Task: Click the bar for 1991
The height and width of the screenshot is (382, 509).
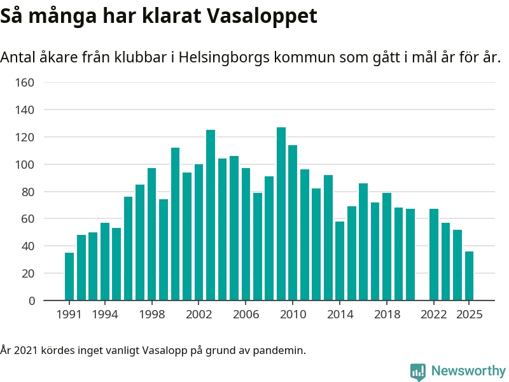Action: coord(69,276)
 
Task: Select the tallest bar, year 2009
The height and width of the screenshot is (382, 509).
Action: coord(281,214)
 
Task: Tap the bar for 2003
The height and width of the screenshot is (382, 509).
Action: coord(211,215)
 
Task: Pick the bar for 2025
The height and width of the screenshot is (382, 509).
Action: coord(469,276)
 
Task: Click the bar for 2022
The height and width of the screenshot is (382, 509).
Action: coord(434,255)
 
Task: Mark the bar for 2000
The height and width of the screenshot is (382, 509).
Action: coord(175,224)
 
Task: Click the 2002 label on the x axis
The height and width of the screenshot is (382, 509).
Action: coord(199,315)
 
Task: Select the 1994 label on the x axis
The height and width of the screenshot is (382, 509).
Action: coord(104,315)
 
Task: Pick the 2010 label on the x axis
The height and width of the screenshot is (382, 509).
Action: coord(293,315)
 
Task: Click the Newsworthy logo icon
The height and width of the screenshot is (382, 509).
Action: coord(417,371)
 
